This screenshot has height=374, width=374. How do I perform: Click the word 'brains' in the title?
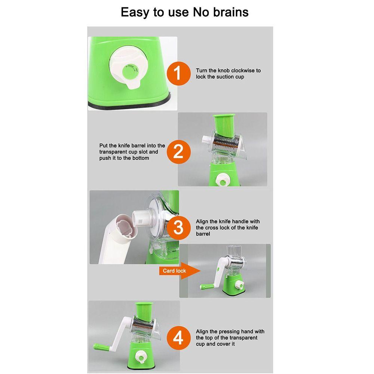click(x=231, y=12)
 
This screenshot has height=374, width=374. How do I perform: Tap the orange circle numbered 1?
click(x=179, y=73)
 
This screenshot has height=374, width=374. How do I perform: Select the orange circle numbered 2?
click(x=179, y=152)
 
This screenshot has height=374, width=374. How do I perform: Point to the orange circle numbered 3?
click(x=179, y=227)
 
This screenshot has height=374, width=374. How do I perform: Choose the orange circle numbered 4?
click(x=179, y=338)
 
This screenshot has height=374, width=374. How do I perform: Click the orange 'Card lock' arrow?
click(x=180, y=271)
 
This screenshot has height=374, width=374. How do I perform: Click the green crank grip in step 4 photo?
click(x=101, y=347)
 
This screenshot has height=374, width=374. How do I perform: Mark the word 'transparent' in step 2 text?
click(x=113, y=152)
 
